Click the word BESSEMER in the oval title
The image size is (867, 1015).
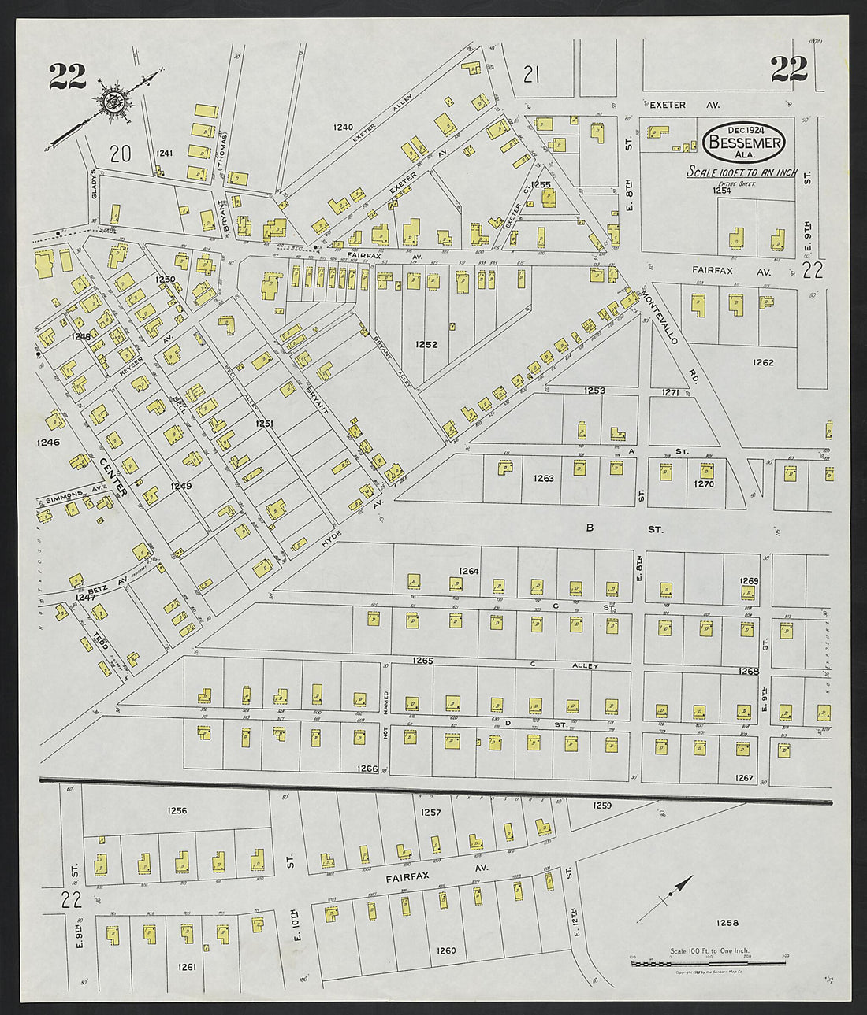click(745, 143)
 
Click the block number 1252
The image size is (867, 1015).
click(426, 344)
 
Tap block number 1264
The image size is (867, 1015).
click(468, 571)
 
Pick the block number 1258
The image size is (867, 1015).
click(727, 922)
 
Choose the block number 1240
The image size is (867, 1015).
click(343, 127)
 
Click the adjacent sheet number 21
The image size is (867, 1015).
click(531, 75)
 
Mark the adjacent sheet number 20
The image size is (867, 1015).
click(120, 154)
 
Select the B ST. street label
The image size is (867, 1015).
click(623, 529)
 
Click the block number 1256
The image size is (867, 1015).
click(177, 810)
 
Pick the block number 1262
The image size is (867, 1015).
click(762, 362)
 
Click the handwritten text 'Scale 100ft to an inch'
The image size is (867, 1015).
click(741, 172)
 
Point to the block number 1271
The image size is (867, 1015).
click(670, 391)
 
